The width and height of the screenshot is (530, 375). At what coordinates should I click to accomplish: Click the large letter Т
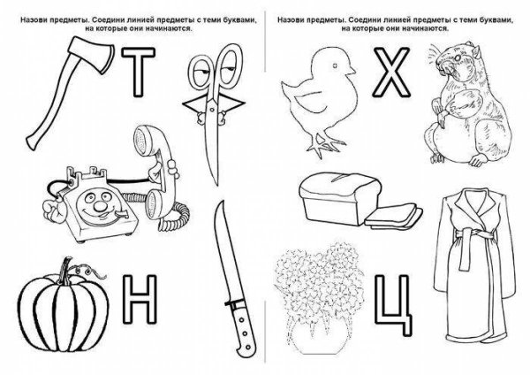click(138, 72)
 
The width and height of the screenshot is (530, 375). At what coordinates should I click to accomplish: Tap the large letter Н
click(140, 299)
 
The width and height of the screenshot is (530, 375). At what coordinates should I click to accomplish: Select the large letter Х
click(391, 73)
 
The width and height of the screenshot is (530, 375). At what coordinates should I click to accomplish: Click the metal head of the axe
click(91, 53)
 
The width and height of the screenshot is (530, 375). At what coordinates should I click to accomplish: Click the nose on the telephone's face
click(99, 206)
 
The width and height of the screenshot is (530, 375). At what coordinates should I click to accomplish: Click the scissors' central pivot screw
click(212, 110)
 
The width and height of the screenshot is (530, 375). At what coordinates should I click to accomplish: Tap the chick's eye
click(335, 65)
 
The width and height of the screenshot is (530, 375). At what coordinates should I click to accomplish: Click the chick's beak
click(352, 70)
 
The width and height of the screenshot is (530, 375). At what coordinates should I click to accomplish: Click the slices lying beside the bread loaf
click(394, 216)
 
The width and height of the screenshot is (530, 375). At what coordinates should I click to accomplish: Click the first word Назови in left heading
click(31, 20)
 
